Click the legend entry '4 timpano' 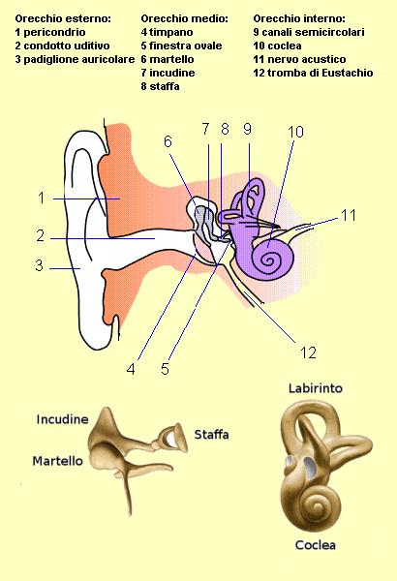coord(167,32)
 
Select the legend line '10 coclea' coord(277,46)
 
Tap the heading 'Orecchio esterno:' coord(63,18)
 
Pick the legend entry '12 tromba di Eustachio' coord(313,73)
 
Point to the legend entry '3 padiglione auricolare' coord(75,59)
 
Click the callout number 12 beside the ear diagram coord(308,352)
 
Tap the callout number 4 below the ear coord(131,369)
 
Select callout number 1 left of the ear coord(42,198)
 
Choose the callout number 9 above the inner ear coord(248,129)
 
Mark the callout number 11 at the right coord(349,215)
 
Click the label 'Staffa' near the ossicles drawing coord(211,434)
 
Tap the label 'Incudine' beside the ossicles coord(62,419)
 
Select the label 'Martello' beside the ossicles coord(57,461)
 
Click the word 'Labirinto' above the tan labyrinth coord(316,388)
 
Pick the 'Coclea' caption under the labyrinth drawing coord(316,545)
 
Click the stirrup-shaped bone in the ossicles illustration coord(172,438)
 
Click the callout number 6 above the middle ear coord(168,141)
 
